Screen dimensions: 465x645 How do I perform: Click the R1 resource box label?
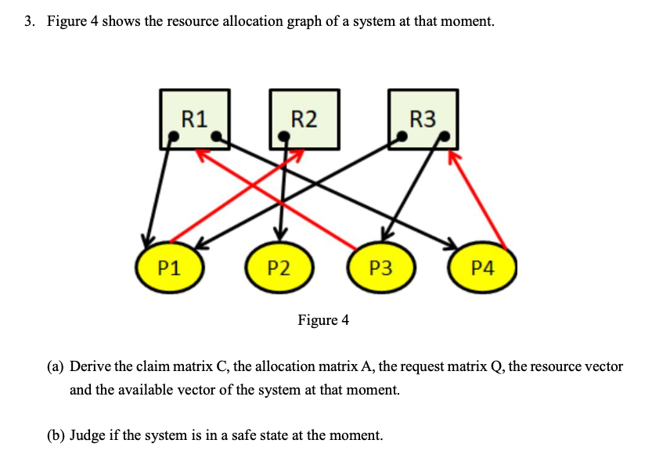click(x=194, y=118)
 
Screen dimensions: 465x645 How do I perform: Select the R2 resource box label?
click(x=304, y=118)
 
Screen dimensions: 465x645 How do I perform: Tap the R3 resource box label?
click(x=423, y=118)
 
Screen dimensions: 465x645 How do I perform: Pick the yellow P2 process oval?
click(x=279, y=268)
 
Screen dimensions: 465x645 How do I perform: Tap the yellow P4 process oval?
click(x=483, y=268)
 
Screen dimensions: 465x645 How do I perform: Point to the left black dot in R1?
click(x=176, y=136)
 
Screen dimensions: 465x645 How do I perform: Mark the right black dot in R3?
click(x=445, y=135)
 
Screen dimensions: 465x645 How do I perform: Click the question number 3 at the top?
click(x=28, y=21)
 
